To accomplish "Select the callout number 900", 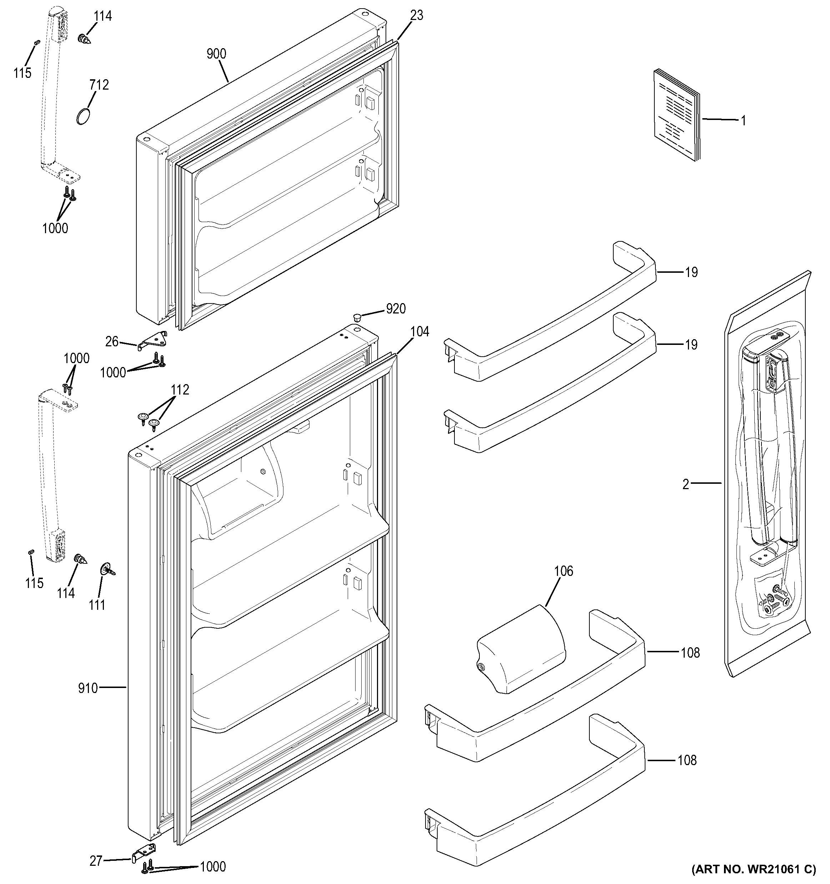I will [216, 54].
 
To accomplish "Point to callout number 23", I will [417, 16].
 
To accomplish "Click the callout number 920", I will [396, 308].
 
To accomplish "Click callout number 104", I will [420, 332].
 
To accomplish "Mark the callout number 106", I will [563, 571].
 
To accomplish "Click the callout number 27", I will [96, 861].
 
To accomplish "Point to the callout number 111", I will [97, 605].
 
